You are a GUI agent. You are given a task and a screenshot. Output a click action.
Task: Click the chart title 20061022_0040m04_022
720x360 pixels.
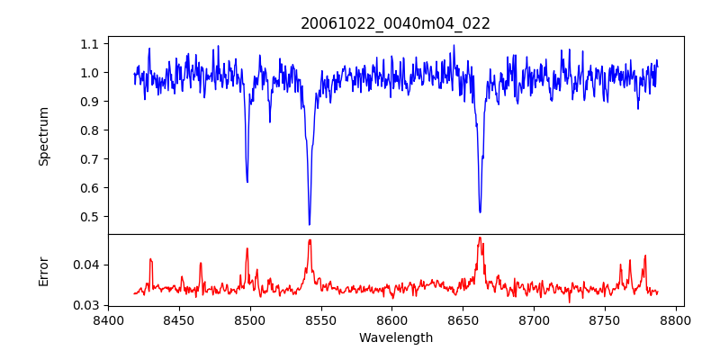[395, 23]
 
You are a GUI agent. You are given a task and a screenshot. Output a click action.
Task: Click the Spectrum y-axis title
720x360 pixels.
[43, 136]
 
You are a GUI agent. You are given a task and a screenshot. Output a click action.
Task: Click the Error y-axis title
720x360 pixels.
[43, 270]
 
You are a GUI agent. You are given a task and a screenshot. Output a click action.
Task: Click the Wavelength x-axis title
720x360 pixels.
[395, 338]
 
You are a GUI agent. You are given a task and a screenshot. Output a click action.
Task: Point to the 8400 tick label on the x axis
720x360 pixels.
[108, 319]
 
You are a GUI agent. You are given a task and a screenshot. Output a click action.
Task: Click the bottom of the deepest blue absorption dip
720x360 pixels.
[309, 224]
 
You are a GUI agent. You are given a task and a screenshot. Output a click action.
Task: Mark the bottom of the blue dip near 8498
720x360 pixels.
[247, 182]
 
